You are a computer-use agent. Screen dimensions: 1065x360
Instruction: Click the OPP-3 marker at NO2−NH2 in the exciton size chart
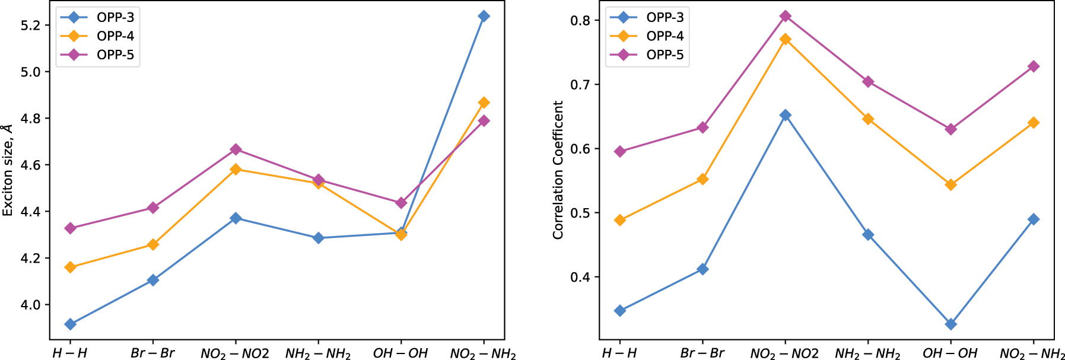tap(484, 16)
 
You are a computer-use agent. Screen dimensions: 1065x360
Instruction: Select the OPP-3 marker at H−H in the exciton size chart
tap(70, 324)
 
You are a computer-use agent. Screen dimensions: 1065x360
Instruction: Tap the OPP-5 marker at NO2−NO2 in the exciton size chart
tap(236, 149)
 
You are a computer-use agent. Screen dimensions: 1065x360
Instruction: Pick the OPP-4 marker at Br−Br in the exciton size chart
tap(153, 244)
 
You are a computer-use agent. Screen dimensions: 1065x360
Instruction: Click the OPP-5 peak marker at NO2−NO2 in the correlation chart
tap(785, 16)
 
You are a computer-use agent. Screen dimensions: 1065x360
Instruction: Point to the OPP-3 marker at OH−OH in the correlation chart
tap(950, 324)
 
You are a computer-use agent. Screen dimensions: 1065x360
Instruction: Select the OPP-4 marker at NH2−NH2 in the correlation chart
tap(868, 119)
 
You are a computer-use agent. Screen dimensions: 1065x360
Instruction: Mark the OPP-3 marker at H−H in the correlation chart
tap(620, 310)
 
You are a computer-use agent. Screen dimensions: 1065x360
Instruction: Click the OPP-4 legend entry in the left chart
tap(98, 36)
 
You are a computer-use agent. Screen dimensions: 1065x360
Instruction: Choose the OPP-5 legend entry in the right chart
tap(647, 55)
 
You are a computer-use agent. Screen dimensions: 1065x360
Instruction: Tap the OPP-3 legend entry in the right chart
tap(647, 17)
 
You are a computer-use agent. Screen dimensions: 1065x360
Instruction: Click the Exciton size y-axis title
tap(7, 170)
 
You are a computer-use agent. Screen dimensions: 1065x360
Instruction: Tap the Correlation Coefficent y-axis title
tap(558, 170)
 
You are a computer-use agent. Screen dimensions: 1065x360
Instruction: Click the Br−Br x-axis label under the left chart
tap(153, 353)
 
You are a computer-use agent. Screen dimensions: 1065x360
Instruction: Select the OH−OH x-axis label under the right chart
tap(950, 353)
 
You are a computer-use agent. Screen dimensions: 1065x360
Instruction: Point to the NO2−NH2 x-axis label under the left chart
tap(484, 353)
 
